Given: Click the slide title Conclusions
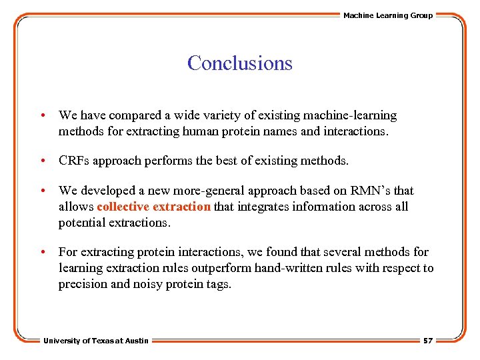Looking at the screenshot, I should (239, 63).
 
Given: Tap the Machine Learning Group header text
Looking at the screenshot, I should (387, 15).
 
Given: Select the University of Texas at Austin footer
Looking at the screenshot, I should (96, 341).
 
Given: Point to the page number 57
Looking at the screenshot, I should (427, 341).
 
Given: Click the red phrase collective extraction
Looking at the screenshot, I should (153, 207).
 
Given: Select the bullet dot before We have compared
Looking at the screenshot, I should (43, 116).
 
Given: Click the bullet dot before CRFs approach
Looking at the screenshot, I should (43, 161).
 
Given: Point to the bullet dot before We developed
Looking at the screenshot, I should (43, 191).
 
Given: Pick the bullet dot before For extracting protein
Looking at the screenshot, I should (43, 252).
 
